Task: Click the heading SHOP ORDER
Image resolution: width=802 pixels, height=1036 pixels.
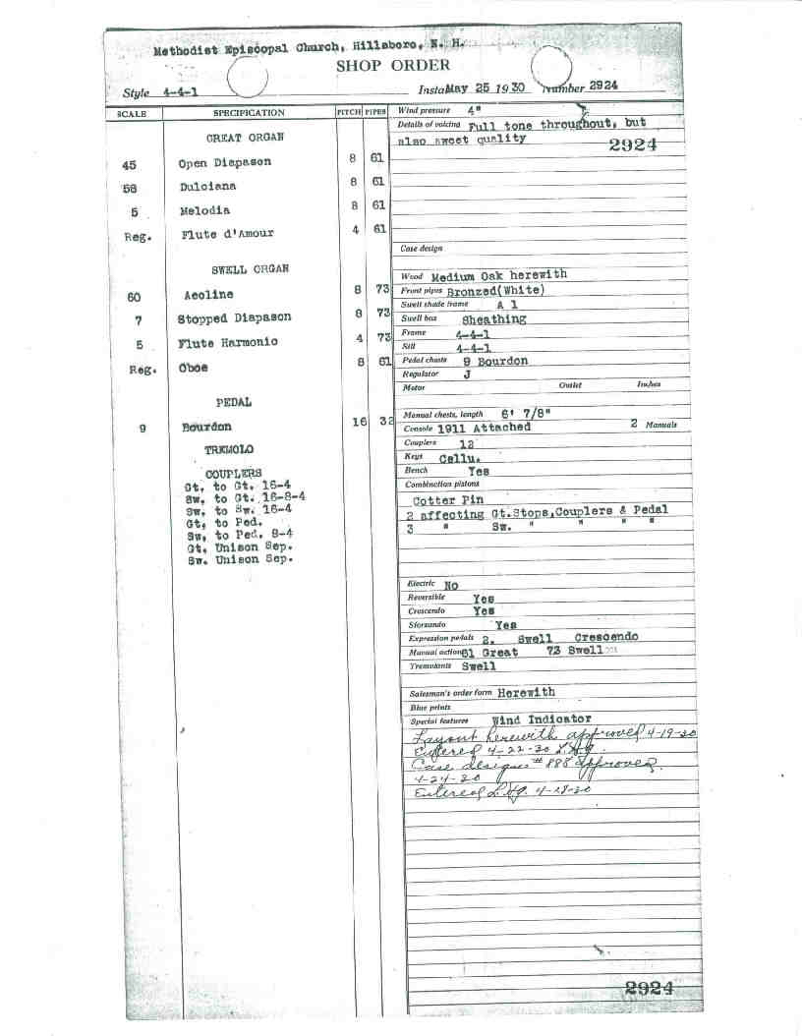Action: [x=393, y=66]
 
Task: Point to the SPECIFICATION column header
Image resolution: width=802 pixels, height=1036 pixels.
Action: [x=249, y=113]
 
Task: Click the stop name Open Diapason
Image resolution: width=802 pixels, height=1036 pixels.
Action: [x=224, y=162]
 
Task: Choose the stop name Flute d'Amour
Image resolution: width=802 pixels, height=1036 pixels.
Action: [x=228, y=234]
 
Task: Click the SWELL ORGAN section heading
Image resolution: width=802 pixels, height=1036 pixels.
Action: [x=250, y=269]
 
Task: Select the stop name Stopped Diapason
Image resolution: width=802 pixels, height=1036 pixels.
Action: [x=234, y=318]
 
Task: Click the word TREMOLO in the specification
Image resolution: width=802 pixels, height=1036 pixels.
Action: [x=229, y=449]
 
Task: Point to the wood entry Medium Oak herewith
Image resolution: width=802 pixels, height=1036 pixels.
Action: [x=498, y=276]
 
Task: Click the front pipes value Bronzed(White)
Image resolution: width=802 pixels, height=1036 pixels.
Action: [x=495, y=291]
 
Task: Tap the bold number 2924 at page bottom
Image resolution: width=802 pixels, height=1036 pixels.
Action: [x=649, y=989]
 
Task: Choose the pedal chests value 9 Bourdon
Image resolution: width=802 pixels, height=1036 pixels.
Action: [x=495, y=361]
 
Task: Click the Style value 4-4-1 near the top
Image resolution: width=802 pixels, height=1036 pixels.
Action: [x=177, y=93]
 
